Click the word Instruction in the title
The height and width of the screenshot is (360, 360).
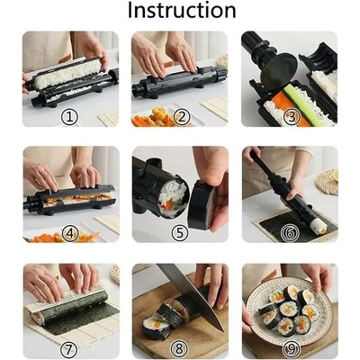[x=181, y=11]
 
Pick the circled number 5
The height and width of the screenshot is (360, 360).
[x=181, y=231]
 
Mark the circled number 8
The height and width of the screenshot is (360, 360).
[x=181, y=347]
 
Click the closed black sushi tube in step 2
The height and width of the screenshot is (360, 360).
[x=176, y=85]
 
